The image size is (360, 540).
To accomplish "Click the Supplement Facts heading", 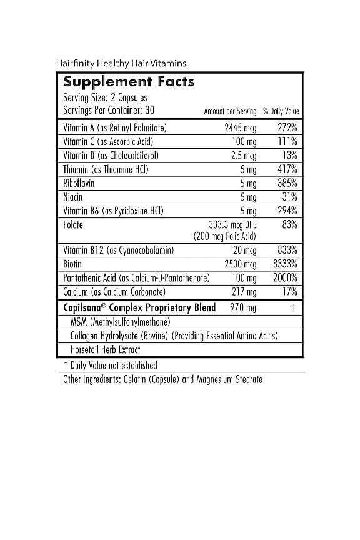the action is tap(129, 82).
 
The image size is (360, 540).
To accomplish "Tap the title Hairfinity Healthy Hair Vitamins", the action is tap(121, 63).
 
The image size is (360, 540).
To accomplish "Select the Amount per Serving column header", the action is tap(230, 111).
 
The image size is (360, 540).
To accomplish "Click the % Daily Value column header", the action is tap(281, 111).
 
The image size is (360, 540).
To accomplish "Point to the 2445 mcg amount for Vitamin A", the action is tap(241, 127).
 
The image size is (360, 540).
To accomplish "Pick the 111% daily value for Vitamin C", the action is tap(287, 141).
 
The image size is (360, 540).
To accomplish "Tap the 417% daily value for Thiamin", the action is tap(287, 169).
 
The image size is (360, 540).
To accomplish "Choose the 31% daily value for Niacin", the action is tap(289, 197).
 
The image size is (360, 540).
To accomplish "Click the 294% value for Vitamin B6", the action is tap(287, 211).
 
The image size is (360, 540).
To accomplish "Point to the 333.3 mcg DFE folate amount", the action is tap(232, 224).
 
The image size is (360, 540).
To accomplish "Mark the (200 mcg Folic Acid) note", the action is tap(225, 236).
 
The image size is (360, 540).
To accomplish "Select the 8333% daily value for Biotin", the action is tap(285, 264).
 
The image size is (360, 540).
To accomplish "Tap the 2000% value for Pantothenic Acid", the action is tap(285, 277).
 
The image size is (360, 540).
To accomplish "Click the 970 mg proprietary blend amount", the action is tap(243, 307).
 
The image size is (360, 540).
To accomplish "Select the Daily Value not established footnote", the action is tap(111, 365).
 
